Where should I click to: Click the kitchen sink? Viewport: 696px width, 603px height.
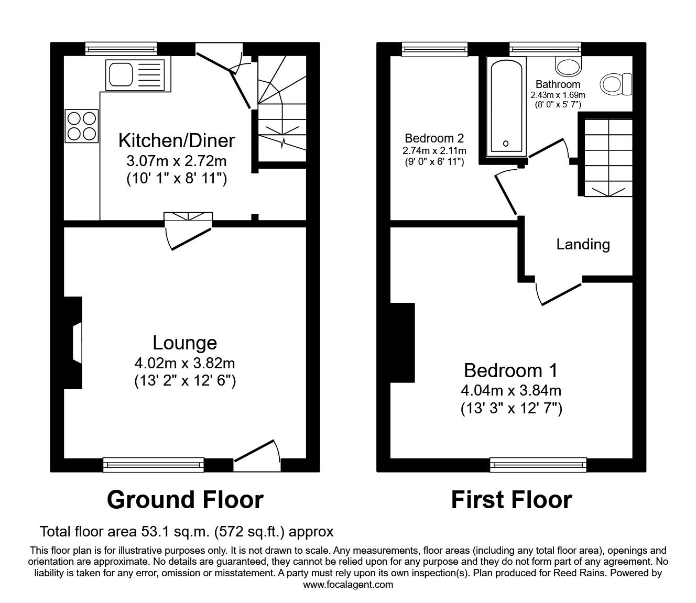[x=134, y=74]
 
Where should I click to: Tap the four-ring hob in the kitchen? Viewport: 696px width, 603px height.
[x=82, y=126]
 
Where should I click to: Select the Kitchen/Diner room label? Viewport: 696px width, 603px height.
[x=176, y=140]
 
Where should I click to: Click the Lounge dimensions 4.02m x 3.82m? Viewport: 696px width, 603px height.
[x=184, y=363]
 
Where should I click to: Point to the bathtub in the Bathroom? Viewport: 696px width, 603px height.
[x=506, y=107]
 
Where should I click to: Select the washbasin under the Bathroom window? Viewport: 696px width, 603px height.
[x=568, y=66]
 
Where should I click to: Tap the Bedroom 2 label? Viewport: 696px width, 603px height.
[x=434, y=138]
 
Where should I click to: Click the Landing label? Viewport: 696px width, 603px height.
[x=583, y=244]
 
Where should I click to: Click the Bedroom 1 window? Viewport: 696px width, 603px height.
[x=539, y=464]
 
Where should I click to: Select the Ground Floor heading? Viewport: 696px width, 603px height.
[x=184, y=500]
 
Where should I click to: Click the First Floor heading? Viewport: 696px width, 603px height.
[x=511, y=500]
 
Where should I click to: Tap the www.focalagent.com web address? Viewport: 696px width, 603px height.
[x=348, y=585]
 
